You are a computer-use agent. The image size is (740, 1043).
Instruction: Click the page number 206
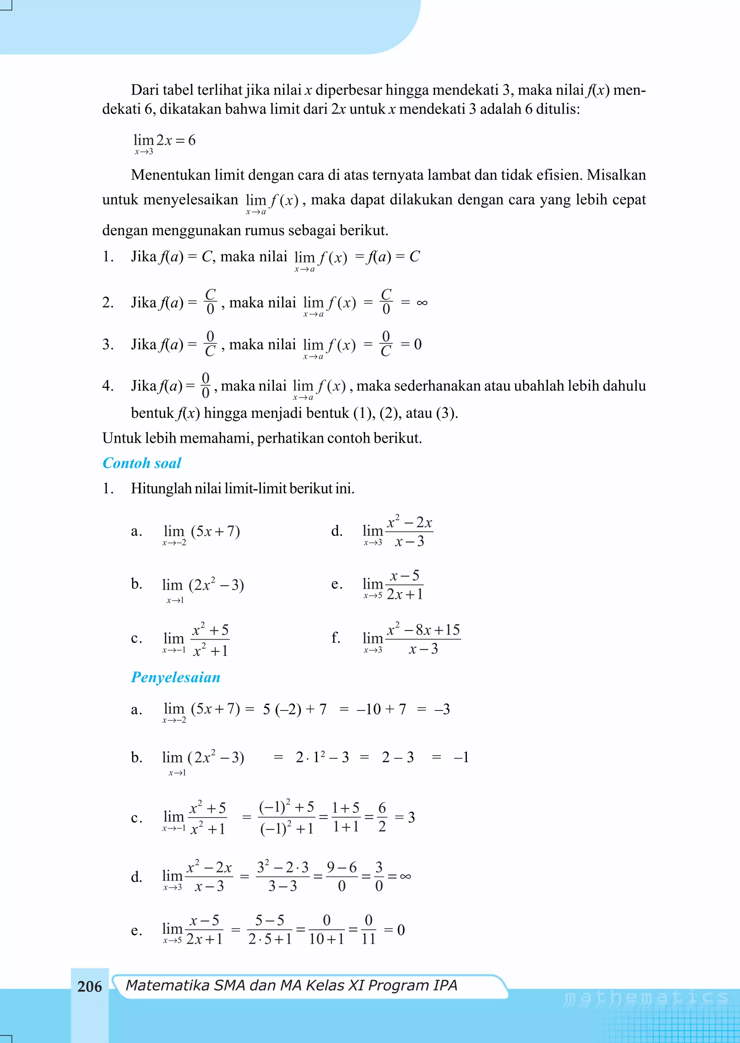pyautogui.click(x=89, y=987)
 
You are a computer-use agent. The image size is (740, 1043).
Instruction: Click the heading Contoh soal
pyautogui.click(x=142, y=463)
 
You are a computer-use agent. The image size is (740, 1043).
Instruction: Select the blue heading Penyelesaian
pyautogui.click(x=176, y=677)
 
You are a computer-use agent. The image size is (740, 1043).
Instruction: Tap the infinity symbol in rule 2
pyautogui.click(x=422, y=302)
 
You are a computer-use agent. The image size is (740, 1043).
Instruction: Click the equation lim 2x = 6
pyautogui.click(x=164, y=141)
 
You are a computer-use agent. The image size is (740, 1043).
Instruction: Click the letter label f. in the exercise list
pyautogui.click(x=336, y=638)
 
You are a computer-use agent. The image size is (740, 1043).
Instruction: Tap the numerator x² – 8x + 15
pyautogui.click(x=423, y=630)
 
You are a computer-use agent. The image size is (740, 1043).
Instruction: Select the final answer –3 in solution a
pyautogui.click(x=442, y=709)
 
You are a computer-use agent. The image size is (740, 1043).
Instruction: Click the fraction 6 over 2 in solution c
pyautogui.click(x=382, y=817)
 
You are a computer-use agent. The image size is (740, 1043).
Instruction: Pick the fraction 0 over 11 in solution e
pyautogui.click(x=368, y=930)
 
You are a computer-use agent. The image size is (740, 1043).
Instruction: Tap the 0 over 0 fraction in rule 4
pyautogui.click(x=206, y=386)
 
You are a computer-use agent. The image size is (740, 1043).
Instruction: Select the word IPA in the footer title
pyautogui.click(x=445, y=985)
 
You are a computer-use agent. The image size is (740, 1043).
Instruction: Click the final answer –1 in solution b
pyautogui.click(x=461, y=757)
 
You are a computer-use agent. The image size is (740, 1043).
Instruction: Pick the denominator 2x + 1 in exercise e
pyautogui.click(x=405, y=594)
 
